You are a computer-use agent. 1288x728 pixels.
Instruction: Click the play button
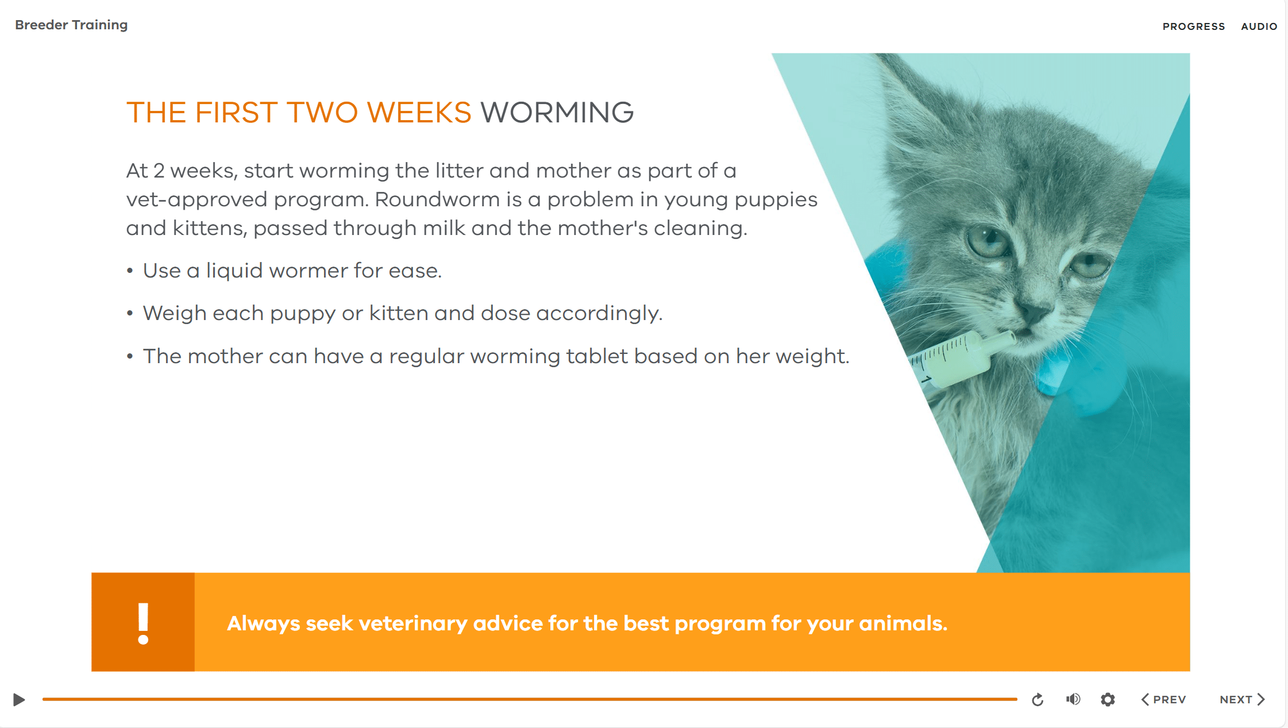point(19,699)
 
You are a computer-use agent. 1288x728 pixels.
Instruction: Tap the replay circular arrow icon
point(1038,699)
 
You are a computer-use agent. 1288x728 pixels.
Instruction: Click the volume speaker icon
point(1073,699)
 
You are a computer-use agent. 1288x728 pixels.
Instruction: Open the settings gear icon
point(1108,699)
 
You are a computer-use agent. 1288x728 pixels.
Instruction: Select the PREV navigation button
point(1163,699)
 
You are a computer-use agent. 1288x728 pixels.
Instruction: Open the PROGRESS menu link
point(1194,26)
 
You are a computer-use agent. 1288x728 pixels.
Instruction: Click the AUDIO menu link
point(1259,26)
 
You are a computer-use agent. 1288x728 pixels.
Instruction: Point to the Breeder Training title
point(71,25)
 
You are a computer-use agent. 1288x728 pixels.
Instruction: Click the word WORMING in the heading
point(557,112)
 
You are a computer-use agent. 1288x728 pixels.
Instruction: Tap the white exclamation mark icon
point(143,623)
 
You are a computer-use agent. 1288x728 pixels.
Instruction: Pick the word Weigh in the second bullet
point(174,313)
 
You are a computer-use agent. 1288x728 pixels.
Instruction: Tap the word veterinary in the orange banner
point(412,623)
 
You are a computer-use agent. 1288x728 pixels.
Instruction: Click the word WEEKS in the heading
point(419,112)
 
